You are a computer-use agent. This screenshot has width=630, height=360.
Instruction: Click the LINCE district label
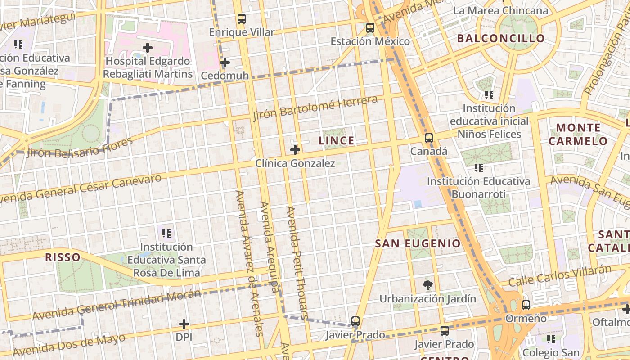tap(337, 141)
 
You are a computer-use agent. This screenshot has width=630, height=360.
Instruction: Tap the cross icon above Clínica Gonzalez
tap(295, 150)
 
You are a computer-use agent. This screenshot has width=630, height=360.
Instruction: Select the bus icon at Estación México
tap(370, 28)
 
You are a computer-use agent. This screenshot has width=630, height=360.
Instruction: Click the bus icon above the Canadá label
tap(429, 138)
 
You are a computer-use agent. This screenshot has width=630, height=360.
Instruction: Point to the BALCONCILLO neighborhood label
tap(501, 39)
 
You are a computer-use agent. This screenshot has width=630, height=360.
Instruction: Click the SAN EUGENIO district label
tap(418, 244)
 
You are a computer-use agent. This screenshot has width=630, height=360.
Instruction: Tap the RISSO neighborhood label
tap(63, 257)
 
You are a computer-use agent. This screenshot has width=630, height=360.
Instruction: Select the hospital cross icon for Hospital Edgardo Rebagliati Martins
tap(148, 47)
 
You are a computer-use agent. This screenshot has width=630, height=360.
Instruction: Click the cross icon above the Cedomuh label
tap(225, 63)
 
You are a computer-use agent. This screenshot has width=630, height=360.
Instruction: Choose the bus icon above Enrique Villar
tap(242, 19)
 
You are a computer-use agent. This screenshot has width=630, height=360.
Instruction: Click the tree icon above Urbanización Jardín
tap(427, 285)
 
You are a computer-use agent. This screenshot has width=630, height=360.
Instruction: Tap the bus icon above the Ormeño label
tap(526, 305)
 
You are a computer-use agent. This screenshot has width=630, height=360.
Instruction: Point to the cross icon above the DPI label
tap(184, 324)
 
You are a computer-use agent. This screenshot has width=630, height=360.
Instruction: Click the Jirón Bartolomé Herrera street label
tap(315, 108)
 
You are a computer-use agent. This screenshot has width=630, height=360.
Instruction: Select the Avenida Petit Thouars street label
tap(297, 263)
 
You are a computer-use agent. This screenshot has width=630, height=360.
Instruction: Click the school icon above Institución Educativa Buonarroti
tap(478, 168)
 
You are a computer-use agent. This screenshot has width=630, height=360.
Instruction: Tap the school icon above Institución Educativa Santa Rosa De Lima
tap(166, 234)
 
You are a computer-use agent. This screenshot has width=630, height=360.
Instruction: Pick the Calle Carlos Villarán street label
tap(560, 276)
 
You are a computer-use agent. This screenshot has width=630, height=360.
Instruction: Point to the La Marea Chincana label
tap(501, 10)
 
